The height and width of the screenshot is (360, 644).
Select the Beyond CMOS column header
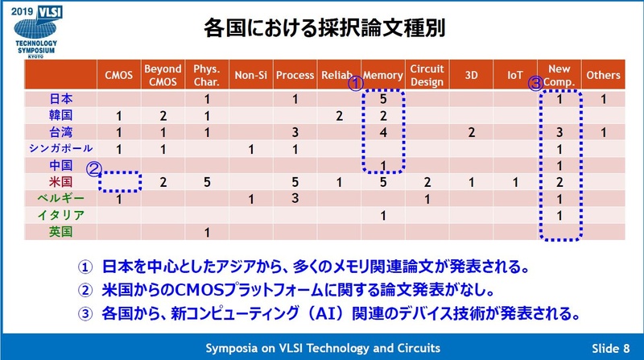163,75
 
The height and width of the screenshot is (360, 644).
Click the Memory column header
383,75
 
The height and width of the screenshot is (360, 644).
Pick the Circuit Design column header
428,75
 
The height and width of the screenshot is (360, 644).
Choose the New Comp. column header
559,75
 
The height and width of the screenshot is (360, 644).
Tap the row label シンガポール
60,149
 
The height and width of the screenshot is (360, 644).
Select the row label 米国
60,182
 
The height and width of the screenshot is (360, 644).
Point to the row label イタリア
60,215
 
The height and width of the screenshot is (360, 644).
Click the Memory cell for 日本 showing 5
383,100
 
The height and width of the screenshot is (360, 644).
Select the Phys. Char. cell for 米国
207,182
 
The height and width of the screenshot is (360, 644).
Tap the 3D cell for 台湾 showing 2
473,132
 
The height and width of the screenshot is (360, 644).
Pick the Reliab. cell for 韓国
339,116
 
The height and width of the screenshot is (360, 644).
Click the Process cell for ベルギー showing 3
295,198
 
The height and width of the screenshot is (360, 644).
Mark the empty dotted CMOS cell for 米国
119,182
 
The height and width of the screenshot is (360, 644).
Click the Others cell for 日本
603,100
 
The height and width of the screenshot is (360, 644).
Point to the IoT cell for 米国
516,182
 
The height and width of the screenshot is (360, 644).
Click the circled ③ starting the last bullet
85,311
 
